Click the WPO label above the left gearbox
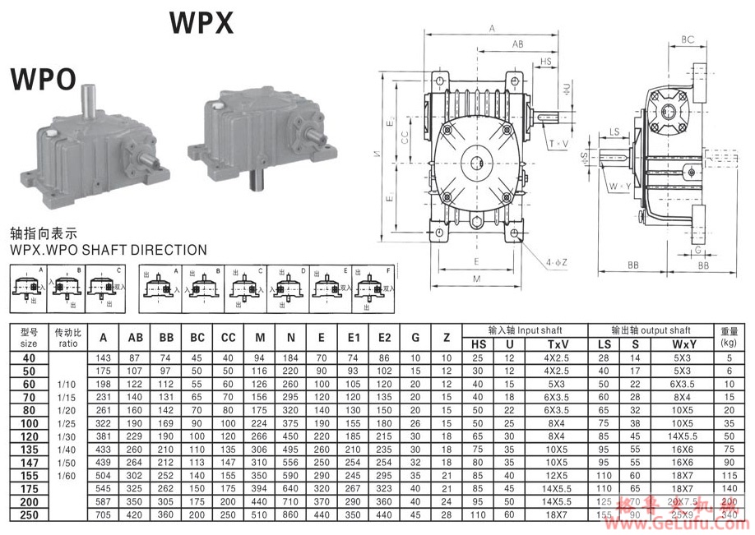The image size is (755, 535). click(43, 79)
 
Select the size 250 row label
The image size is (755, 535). click(29, 515)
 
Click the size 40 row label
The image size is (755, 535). click(29, 357)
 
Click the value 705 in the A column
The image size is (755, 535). click(104, 515)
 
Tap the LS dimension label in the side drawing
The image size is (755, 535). click(614, 131)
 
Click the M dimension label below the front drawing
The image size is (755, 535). click(476, 279)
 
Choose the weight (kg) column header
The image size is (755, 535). click(728, 337)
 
